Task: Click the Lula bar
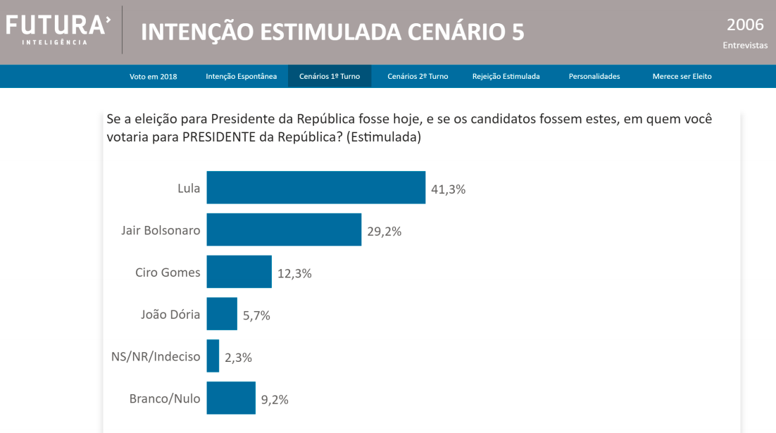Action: coord(315,187)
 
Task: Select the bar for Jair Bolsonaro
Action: coord(284,230)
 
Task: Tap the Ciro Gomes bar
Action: coord(239,272)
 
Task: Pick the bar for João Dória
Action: coord(222,314)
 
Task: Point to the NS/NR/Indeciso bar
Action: coord(213,356)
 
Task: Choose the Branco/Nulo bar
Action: coord(231,399)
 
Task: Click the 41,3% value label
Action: coord(448,189)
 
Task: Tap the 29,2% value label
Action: coord(384,231)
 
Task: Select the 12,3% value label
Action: coord(294,273)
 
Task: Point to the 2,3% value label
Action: coord(238,358)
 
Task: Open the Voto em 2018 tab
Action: coord(154,76)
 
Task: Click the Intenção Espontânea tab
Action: coord(242,76)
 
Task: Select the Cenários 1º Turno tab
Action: coord(330,76)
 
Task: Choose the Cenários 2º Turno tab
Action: coord(418,76)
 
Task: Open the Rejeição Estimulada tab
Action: coord(506,76)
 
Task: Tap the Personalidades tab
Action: coord(594,76)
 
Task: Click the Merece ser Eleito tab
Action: coord(682,76)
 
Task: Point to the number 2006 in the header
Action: coord(745,25)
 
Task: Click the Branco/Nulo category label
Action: coord(165,399)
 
